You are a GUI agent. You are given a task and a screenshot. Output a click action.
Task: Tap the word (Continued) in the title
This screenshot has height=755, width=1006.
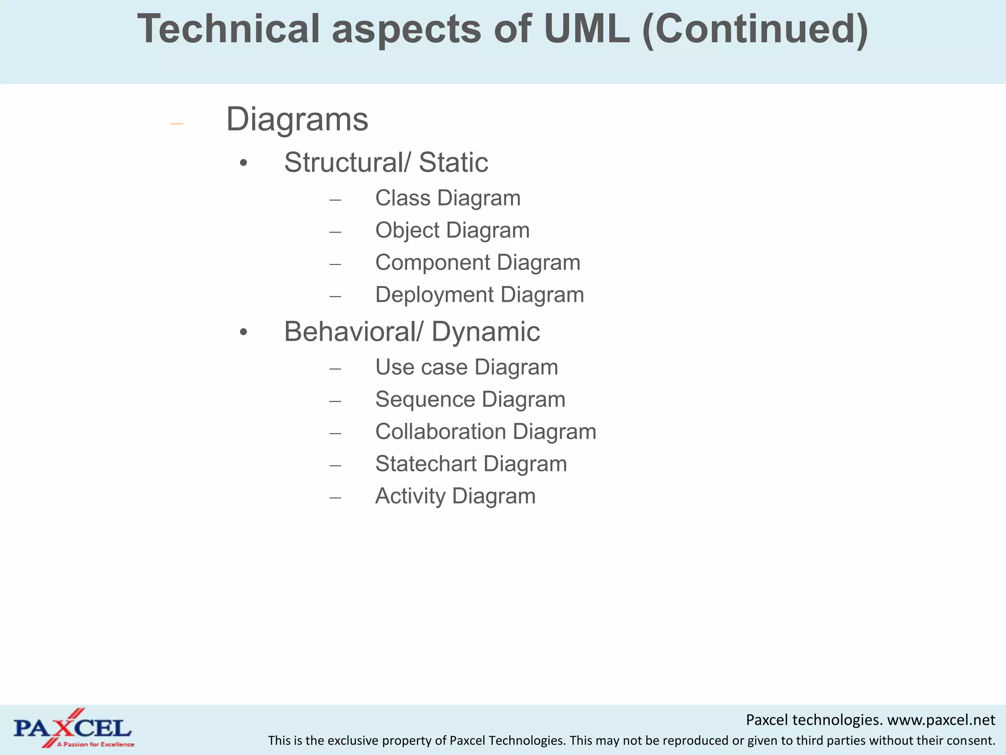(755, 29)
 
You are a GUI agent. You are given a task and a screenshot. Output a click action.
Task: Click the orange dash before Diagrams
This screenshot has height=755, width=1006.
(177, 123)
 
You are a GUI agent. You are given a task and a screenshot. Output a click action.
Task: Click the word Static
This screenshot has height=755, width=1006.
(453, 162)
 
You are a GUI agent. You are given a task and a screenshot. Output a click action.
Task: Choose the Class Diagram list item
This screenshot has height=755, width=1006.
(447, 198)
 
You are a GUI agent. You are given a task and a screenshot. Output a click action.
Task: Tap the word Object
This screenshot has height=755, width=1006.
(407, 231)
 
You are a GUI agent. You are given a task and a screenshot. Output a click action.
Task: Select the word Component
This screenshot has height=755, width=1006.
(432, 262)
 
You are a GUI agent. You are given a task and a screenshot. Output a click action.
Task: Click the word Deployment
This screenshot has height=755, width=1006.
(434, 295)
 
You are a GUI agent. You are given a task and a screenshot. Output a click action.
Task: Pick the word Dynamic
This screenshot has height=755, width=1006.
(485, 332)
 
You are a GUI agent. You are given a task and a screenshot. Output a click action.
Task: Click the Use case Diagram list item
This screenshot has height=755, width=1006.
(466, 367)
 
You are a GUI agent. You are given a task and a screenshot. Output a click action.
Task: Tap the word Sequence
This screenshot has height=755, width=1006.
(425, 399)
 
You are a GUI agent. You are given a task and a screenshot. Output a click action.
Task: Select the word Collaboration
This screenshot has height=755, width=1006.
(440, 432)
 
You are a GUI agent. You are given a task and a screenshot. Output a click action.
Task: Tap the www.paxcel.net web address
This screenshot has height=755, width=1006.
(941, 720)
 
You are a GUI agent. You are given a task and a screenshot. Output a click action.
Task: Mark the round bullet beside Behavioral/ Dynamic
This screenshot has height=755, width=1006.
(244, 333)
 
